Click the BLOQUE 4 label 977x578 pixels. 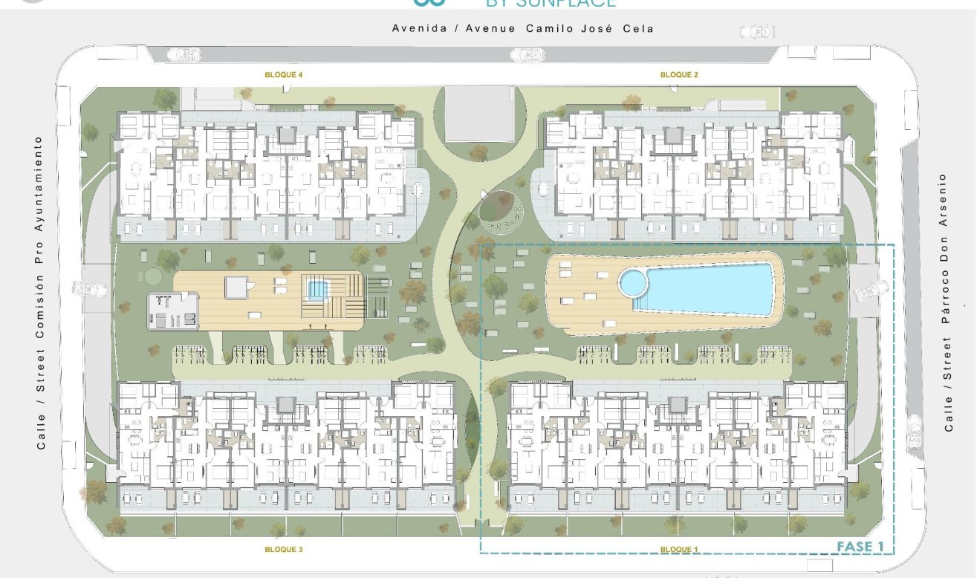[284, 75]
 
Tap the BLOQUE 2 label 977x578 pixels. [679, 75]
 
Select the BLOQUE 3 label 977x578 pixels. [284, 550]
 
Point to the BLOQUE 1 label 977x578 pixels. [679, 550]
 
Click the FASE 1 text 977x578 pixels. [860, 547]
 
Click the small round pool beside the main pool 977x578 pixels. [633, 282]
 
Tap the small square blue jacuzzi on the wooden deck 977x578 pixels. [317, 288]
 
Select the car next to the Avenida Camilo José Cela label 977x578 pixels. [757, 32]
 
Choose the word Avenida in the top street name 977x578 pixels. [418, 29]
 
